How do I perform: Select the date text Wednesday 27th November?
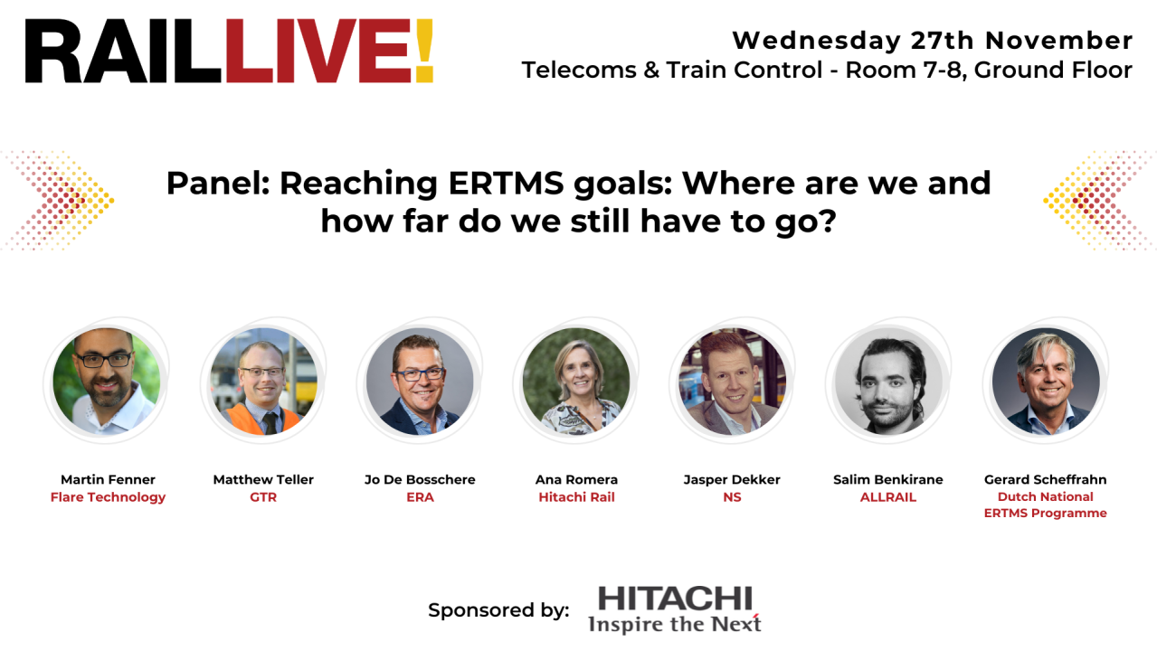point(932,41)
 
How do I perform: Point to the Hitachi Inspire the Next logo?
point(675,609)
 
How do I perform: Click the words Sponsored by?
point(498,610)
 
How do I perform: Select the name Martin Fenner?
point(108,479)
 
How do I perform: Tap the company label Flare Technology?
point(108,496)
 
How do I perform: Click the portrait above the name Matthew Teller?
point(263,382)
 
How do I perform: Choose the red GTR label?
point(263,496)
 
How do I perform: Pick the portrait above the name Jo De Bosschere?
point(420,382)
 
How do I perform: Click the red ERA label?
point(420,496)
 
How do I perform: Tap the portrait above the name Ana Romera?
point(576,382)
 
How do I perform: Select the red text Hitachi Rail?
point(576,496)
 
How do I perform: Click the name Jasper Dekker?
point(732,479)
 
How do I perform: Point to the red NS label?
point(732,496)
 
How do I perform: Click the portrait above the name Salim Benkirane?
point(888,382)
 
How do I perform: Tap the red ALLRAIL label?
point(888,496)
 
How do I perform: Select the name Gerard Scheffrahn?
point(1045,479)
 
